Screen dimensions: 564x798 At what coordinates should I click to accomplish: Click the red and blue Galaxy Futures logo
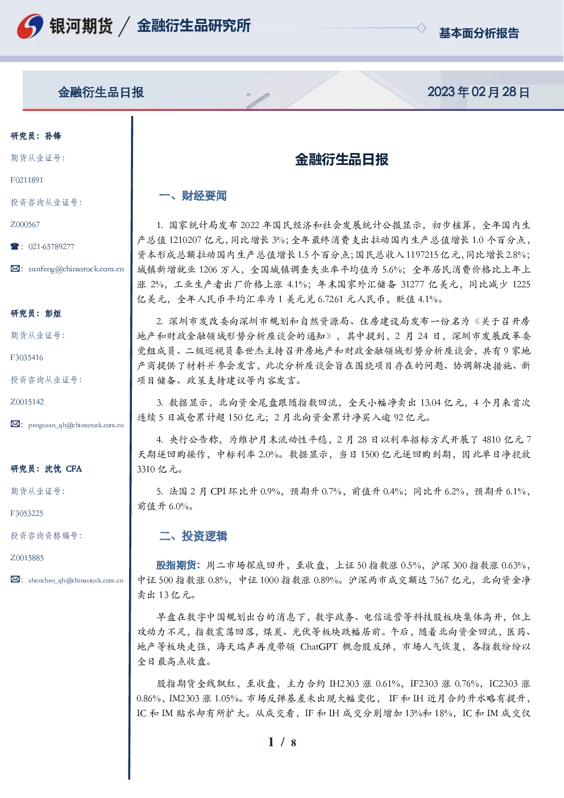pos(30,26)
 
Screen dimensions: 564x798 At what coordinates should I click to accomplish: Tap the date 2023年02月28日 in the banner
pos(478,92)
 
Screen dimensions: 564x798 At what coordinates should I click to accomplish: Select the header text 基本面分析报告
pos(479,33)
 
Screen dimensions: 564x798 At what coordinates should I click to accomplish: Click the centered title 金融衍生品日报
pos(342,159)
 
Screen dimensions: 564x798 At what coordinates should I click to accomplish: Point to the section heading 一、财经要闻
pos(193,196)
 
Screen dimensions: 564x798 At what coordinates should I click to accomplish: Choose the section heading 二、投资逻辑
pos(193,536)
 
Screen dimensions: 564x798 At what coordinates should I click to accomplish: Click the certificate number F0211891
pos(27,180)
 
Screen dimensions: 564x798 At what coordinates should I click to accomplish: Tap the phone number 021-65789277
pos(51,246)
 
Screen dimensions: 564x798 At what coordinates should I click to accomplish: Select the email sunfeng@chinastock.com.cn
pos(76,269)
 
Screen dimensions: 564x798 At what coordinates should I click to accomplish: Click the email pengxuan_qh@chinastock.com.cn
pos(76,425)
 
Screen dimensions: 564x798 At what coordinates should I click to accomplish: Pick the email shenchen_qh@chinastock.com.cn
pos(76,580)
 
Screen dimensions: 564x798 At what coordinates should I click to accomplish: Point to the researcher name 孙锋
pos(53,136)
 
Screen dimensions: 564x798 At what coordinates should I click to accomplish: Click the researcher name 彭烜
pos(53,313)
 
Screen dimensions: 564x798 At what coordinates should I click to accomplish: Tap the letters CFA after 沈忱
pos(74,469)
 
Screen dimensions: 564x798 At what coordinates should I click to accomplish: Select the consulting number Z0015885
pos(27,558)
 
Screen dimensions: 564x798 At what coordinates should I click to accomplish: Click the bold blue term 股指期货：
pos(179,565)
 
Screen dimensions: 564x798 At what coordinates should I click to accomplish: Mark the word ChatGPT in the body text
pos(319,647)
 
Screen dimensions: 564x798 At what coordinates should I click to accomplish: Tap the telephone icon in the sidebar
pos(15,246)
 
